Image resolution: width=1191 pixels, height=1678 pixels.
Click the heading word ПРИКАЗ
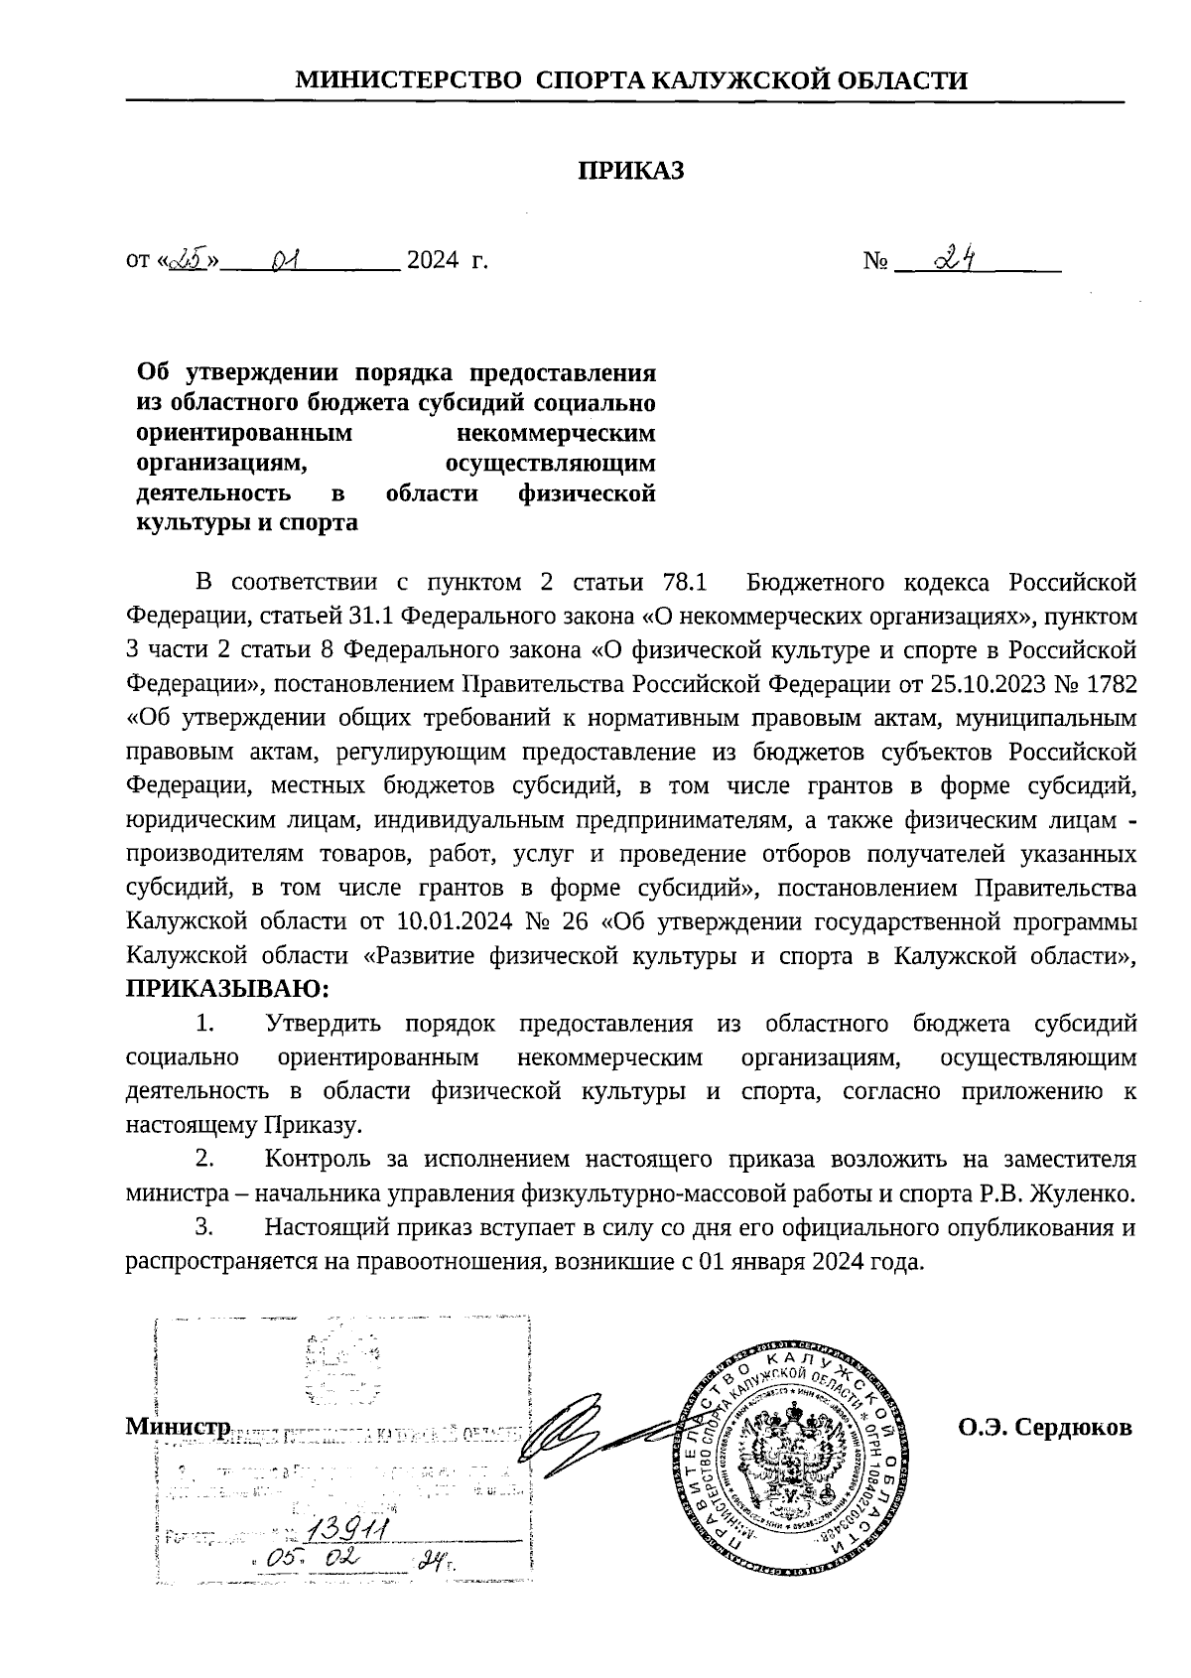point(632,171)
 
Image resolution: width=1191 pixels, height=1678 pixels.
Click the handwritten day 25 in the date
point(186,259)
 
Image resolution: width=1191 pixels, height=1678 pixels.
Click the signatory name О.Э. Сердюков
point(1044,1428)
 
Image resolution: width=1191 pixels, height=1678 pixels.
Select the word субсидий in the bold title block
point(472,403)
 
